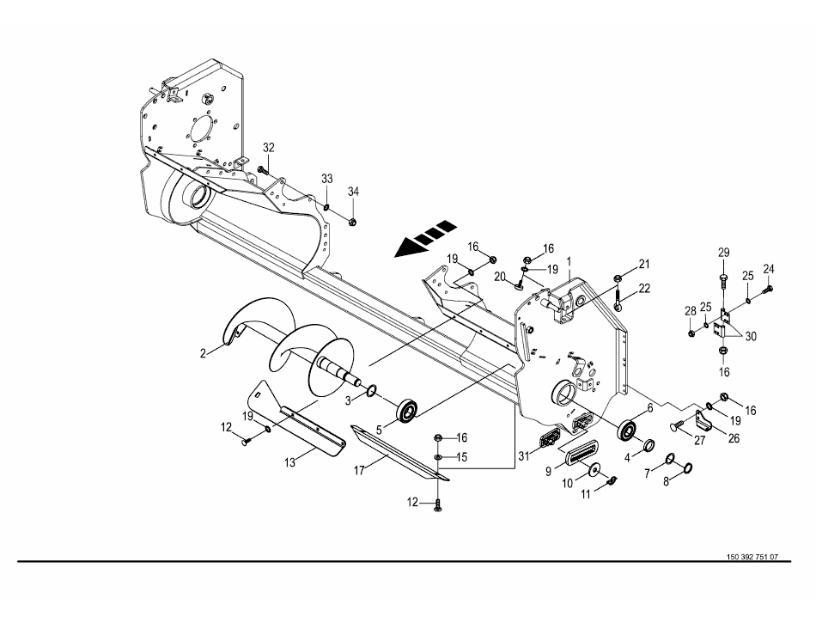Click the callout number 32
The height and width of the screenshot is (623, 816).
pyautogui.click(x=269, y=147)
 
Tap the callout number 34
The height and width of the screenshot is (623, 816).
pyautogui.click(x=353, y=190)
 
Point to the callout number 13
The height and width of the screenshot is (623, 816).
pyautogui.click(x=290, y=461)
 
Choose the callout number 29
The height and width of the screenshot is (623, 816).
pyautogui.click(x=723, y=252)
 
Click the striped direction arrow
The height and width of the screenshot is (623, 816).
pyautogui.click(x=424, y=240)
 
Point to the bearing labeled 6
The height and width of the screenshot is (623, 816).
pyautogui.click(x=630, y=429)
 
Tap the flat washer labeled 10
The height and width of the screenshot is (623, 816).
pyautogui.click(x=594, y=472)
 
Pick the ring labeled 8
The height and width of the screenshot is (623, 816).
pyautogui.click(x=687, y=468)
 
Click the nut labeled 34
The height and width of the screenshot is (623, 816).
pyautogui.click(x=353, y=221)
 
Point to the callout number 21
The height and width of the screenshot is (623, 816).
pyautogui.click(x=645, y=263)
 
